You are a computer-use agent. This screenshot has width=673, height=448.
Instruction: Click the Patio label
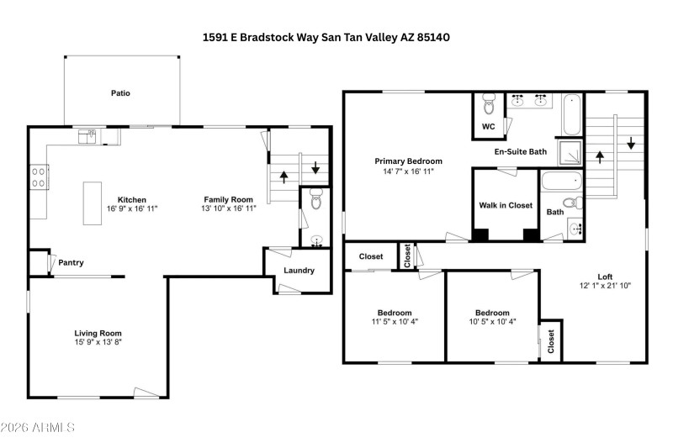click(x=121, y=93)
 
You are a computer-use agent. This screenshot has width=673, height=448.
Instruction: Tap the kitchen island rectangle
click(x=92, y=203)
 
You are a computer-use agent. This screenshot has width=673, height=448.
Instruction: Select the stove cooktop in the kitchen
click(x=38, y=177)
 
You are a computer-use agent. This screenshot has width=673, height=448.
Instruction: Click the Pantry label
click(x=71, y=263)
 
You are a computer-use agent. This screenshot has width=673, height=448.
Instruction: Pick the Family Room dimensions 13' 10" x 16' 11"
click(x=228, y=208)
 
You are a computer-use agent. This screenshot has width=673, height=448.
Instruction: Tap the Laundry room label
click(x=299, y=271)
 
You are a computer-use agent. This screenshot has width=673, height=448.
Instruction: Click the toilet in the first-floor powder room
click(x=315, y=200)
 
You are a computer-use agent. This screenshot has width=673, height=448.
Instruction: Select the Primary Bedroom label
click(x=408, y=161)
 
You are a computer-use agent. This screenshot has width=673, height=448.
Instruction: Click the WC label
click(x=488, y=127)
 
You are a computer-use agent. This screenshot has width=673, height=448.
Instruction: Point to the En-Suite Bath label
click(x=520, y=152)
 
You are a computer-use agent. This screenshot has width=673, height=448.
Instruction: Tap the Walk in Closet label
click(x=506, y=205)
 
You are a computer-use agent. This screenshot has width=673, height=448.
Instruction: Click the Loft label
click(x=605, y=276)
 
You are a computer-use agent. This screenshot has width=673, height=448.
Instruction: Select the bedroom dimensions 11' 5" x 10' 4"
click(x=394, y=321)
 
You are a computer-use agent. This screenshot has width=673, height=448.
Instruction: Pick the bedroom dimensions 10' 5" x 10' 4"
click(x=491, y=321)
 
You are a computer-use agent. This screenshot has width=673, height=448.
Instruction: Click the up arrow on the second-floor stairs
click(x=600, y=156)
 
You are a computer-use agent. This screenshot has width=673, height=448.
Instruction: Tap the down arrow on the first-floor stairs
click(x=315, y=168)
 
